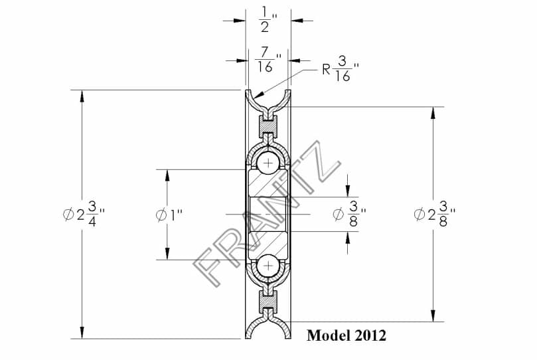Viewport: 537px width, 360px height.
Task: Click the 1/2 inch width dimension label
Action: point(268,20)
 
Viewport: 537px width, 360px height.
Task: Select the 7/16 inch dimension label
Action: point(269,60)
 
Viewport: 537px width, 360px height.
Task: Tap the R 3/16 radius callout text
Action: point(340,69)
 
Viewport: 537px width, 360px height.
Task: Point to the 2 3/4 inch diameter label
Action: point(84,215)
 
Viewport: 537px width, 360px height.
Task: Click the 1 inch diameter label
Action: point(169,215)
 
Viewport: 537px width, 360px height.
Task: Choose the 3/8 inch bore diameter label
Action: point(349,214)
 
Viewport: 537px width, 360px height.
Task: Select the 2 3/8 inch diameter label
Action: point(434,214)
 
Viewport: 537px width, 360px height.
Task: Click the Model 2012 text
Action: point(346,335)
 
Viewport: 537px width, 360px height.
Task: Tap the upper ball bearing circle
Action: point(268,163)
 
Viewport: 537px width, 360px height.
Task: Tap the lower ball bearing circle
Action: point(268,266)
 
